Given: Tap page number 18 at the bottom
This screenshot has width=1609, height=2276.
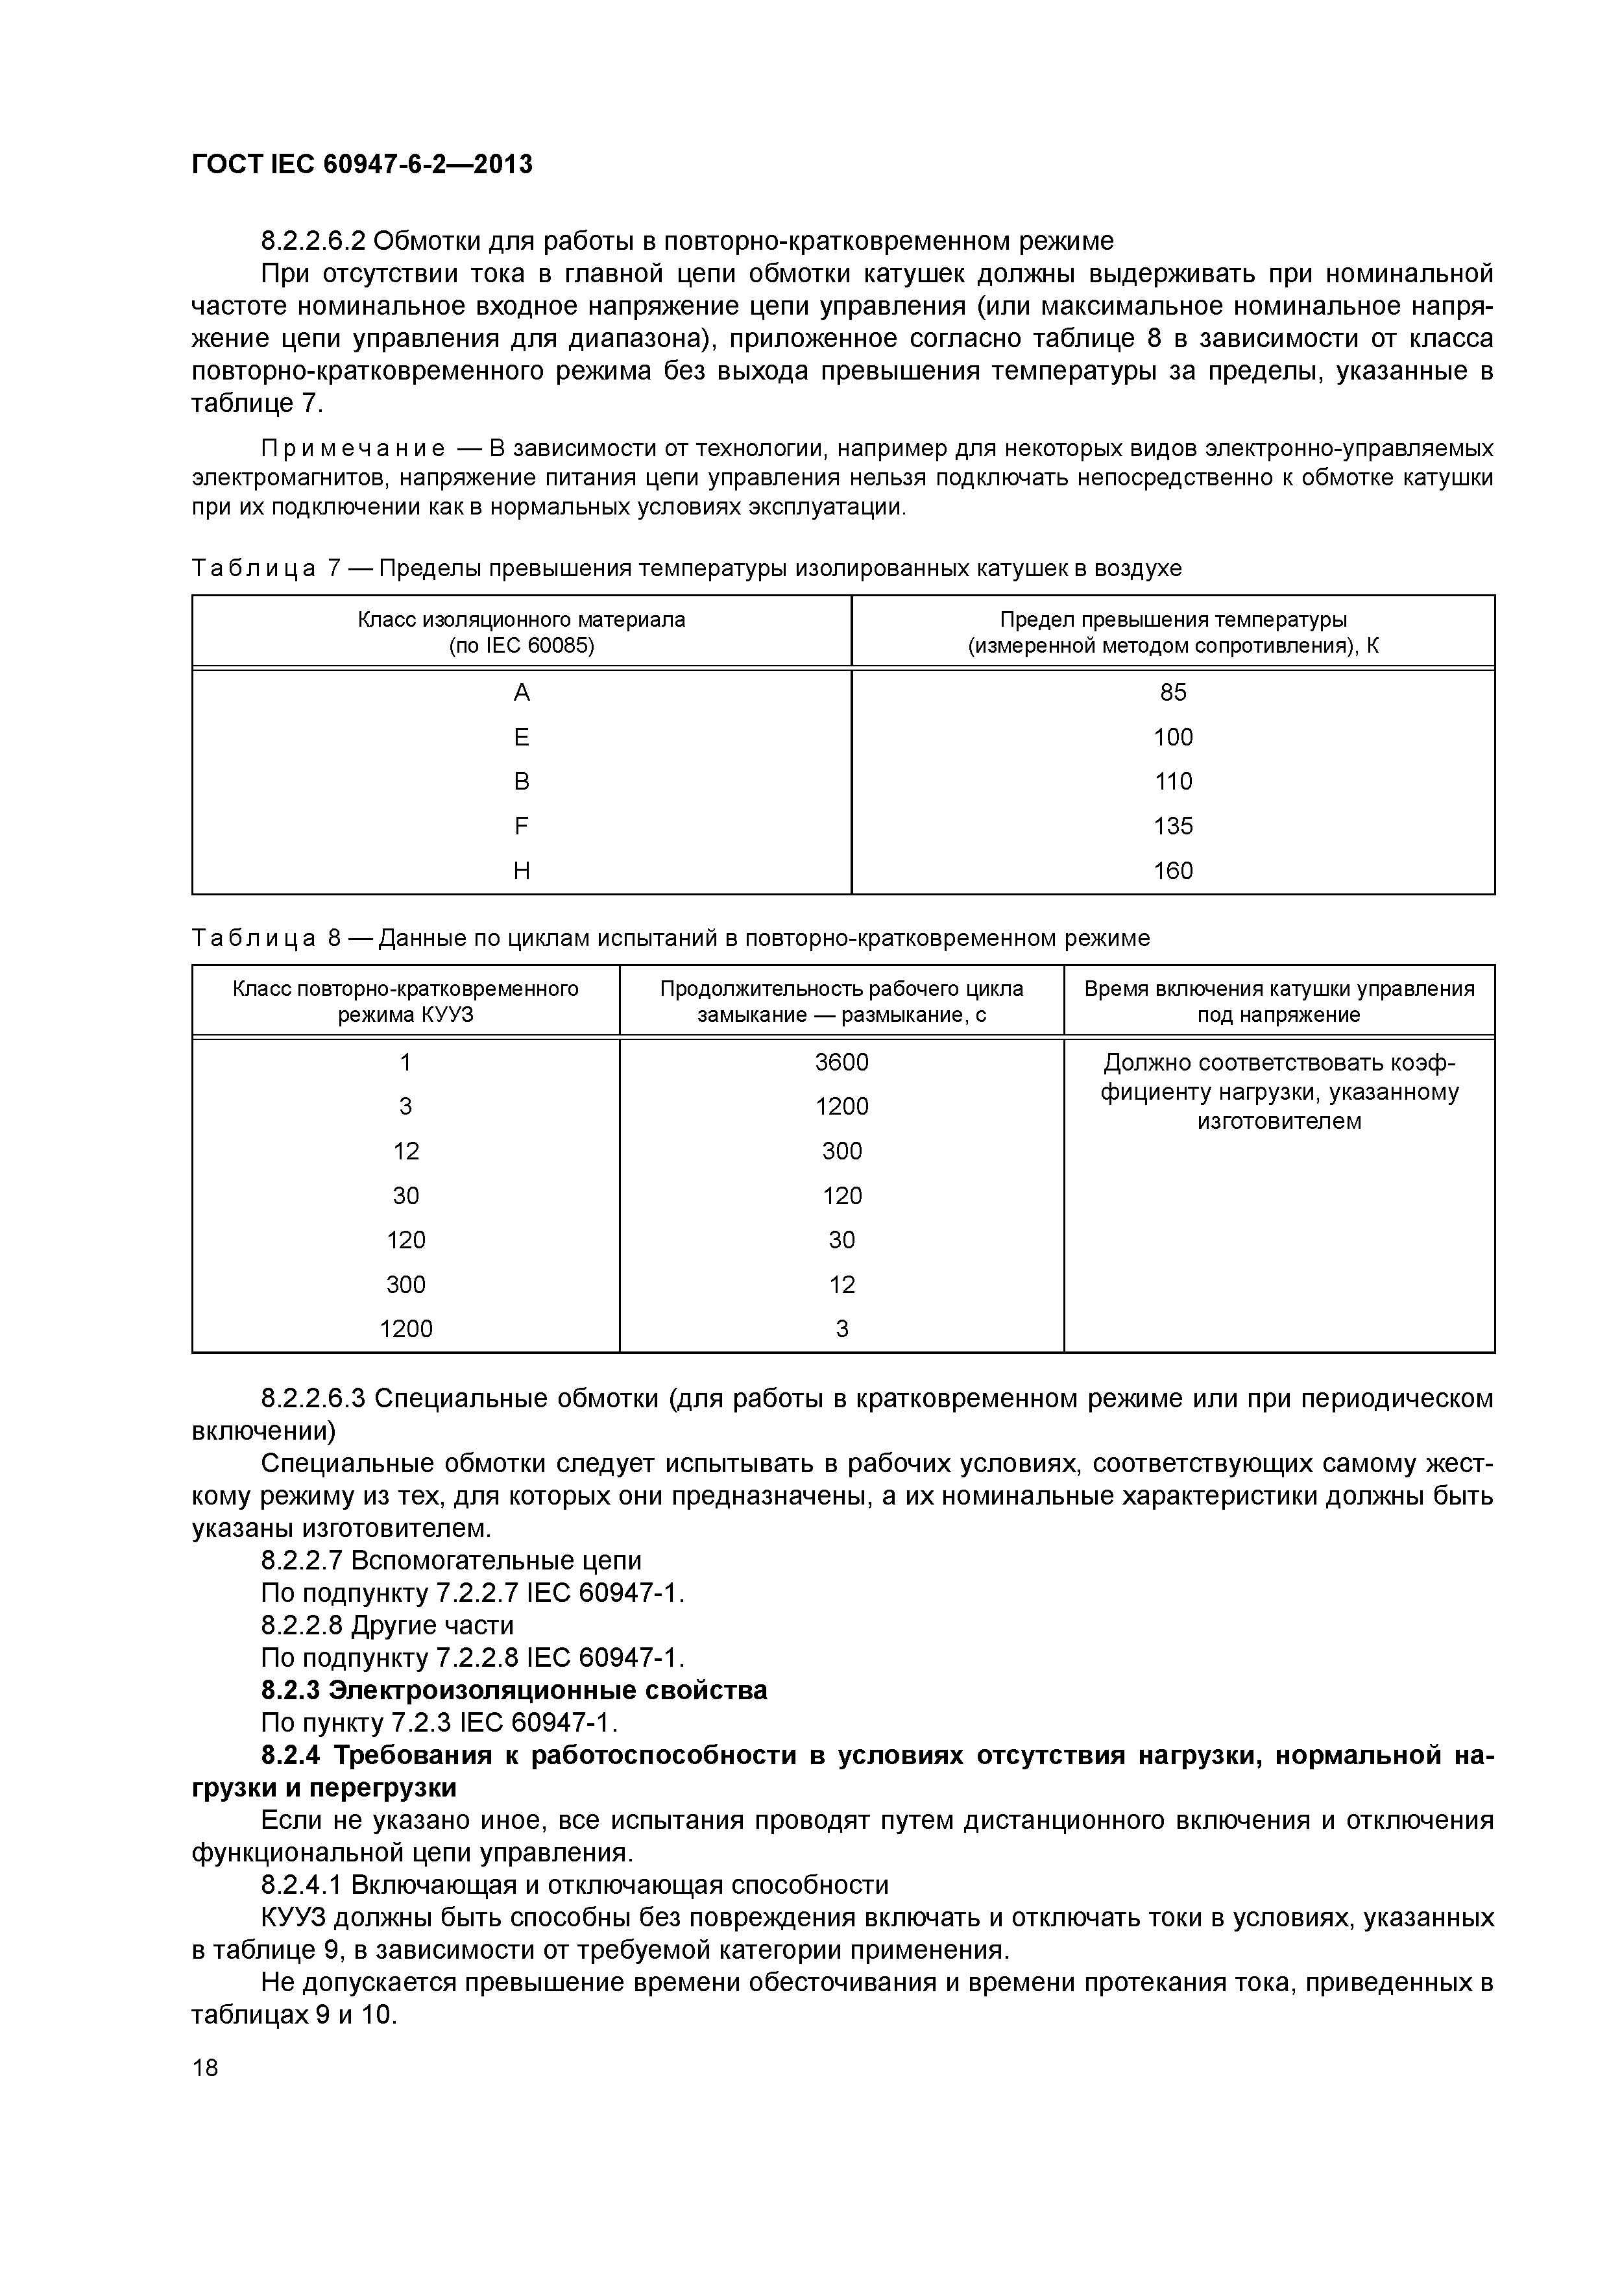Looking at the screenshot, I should tap(205, 2067).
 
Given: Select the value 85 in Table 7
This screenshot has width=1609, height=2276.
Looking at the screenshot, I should tap(1173, 692).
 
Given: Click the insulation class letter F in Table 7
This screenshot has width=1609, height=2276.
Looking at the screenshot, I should tap(522, 826).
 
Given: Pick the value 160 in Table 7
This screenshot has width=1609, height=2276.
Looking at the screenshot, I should tap(1173, 870).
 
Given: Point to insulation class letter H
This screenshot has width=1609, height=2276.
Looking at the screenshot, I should tap(522, 870).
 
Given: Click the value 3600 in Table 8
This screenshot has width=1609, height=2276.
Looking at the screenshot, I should tap(841, 1061).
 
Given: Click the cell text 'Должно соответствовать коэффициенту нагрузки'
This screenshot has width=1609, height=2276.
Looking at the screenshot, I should tap(1279, 1091).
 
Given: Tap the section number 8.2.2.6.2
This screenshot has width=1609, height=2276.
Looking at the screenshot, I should tap(313, 241).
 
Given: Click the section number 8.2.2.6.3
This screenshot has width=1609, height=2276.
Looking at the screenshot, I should tap(313, 1399).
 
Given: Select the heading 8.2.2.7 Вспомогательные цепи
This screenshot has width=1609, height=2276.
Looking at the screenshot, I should tap(451, 1561).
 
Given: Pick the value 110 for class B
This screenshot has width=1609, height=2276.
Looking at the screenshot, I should tap(1173, 781).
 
